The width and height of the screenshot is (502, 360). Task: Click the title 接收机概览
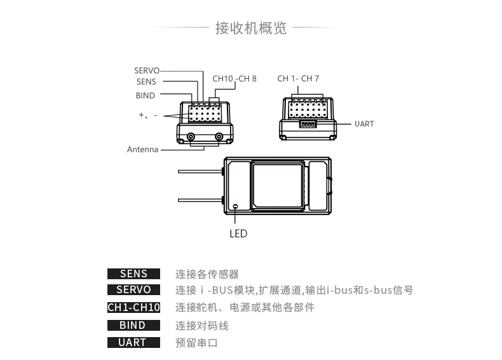250,28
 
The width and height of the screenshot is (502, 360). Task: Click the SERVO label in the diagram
147,71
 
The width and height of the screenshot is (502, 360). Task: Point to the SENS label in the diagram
146,82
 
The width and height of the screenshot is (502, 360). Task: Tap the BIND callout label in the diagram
146,95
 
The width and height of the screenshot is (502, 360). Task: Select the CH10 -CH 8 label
234,78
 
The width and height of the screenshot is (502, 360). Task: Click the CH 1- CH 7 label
298,78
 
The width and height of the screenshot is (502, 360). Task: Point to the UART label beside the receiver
364,124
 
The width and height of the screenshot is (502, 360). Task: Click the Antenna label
142,149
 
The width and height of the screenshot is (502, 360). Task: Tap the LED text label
238,233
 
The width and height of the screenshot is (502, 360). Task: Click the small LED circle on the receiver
235,207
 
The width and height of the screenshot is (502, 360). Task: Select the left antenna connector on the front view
191,137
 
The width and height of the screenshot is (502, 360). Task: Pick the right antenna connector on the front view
219,137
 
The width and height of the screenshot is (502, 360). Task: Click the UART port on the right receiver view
308,124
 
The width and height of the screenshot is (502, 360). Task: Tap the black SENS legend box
133,273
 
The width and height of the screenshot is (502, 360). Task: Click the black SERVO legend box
133,289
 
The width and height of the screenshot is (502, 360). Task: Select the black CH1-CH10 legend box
133,307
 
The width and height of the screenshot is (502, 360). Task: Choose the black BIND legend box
133,325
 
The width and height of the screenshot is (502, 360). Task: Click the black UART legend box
133,342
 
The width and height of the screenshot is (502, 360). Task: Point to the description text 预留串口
196,343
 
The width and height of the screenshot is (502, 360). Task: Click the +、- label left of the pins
148,114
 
